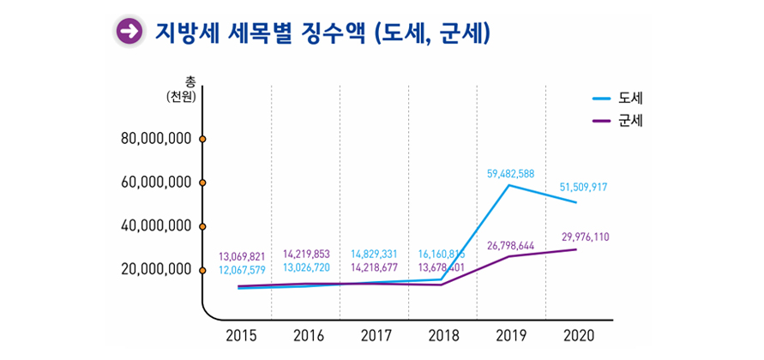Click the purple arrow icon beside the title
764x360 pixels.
(129, 32)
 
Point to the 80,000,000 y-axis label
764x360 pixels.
(155, 138)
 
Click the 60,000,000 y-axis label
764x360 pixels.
(155, 182)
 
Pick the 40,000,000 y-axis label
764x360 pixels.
(155, 225)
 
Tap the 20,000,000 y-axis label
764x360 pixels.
(155, 269)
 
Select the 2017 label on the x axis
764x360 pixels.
(376, 334)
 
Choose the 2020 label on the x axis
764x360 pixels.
(579, 334)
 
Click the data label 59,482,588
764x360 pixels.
(510, 173)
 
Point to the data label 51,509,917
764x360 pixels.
(583, 187)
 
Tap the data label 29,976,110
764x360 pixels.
(586, 237)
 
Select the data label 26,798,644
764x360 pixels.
(510, 246)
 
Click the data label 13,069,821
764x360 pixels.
(242, 256)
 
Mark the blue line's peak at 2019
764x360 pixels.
(509, 185)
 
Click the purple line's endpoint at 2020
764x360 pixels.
(576, 249)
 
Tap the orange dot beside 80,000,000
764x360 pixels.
(202, 138)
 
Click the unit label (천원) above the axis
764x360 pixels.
(182, 97)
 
